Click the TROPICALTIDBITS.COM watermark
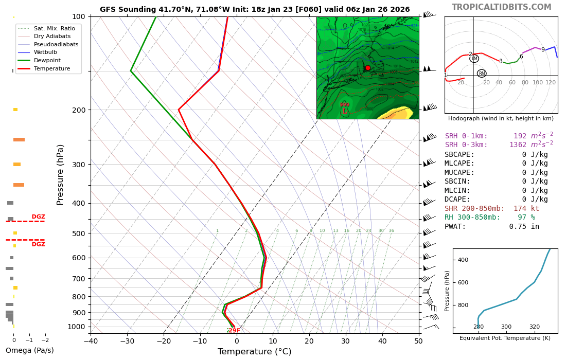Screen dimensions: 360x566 [x=501, y=7]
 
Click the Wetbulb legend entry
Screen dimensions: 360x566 [x=45, y=52]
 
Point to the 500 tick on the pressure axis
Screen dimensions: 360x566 [x=79, y=233]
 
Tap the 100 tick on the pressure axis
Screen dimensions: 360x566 [x=79, y=17]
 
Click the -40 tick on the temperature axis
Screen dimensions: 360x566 [x=91, y=340]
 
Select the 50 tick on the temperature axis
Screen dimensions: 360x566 [x=418, y=340]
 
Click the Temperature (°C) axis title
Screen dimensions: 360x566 [x=254, y=352]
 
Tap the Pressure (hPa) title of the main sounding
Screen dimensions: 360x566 [x=61, y=175]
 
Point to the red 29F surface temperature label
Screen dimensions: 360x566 [x=234, y=330]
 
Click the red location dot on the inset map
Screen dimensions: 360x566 [x=367, y=68]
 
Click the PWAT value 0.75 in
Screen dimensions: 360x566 [x=524, y=226]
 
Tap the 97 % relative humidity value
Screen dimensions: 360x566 [x=526, y=218]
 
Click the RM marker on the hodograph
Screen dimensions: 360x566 [x=482, y=74]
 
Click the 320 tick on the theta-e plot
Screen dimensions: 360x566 [x=535, y=327]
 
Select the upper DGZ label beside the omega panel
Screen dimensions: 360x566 [x=39, y=217]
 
